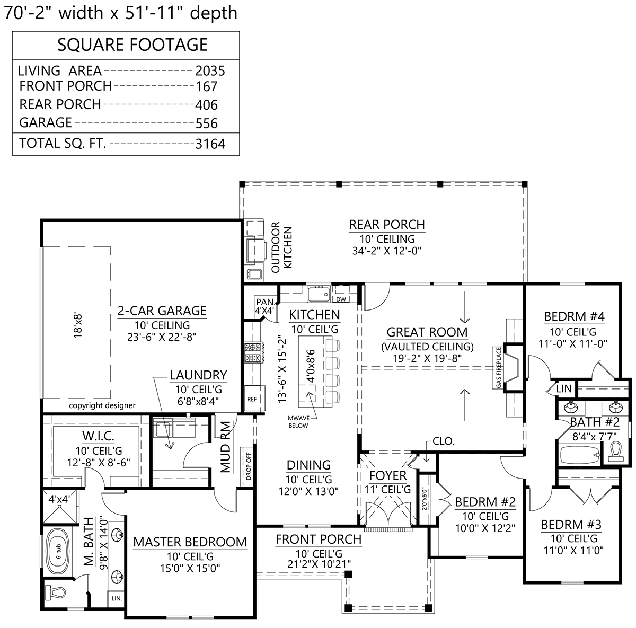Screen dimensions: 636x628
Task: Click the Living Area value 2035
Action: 210,70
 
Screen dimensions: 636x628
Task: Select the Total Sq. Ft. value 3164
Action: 210,144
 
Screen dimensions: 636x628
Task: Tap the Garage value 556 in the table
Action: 207,123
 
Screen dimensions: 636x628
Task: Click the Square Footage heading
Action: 132,45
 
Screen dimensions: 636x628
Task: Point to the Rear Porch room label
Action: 387,225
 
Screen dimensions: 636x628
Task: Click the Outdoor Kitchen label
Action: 281,247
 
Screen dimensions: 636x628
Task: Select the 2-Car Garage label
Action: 162,311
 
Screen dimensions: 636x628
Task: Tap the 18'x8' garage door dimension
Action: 77,325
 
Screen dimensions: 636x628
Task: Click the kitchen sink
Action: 319,294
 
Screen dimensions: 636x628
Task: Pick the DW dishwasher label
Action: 341,299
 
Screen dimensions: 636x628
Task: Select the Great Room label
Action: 427,332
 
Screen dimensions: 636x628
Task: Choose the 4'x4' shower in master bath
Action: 60,507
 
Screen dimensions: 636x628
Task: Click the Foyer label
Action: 388,476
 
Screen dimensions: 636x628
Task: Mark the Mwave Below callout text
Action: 299,422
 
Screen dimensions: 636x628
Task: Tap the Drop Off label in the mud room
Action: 249,466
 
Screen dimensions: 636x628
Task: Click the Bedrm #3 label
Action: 571,525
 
